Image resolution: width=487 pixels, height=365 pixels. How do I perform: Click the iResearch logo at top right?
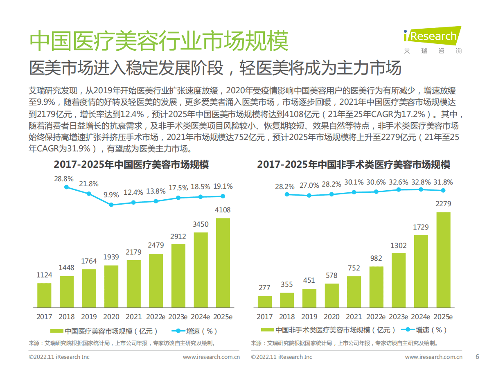click(432, 37)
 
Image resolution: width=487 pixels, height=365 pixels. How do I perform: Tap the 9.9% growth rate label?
click(111, 195)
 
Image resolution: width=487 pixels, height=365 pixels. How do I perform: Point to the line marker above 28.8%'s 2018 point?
click(67, 187)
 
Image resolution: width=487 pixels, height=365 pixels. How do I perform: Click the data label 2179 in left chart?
click(134, 253)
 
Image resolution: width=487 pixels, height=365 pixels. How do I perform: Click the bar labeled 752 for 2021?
click(354, 291)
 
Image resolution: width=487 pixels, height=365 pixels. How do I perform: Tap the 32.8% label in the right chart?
click(420, 182)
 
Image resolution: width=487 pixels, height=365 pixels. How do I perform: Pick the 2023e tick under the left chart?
click(178, 317)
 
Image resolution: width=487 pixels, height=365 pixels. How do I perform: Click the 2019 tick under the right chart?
click(309, 317)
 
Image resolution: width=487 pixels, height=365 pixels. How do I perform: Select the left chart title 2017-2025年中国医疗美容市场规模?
click(131, 165)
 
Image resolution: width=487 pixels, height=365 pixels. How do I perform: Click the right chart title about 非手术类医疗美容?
click(353, 165)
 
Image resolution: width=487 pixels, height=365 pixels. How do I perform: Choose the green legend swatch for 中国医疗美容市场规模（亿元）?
click(56, 331)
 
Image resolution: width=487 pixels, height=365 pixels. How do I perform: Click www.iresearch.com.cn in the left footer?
click(211, 357)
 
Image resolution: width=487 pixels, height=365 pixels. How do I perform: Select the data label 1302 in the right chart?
click(399, 246)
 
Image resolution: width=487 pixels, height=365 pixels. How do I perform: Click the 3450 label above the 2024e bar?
click(201, 224)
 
